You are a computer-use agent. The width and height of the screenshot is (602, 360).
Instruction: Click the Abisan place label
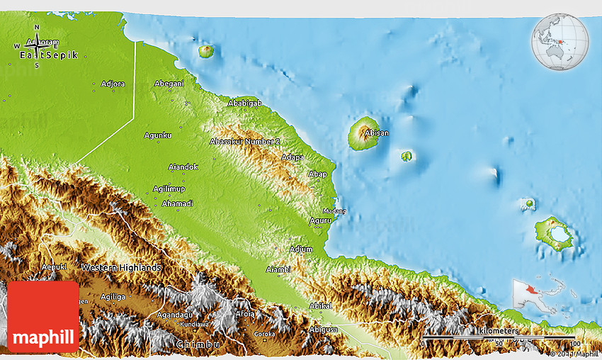click(x=376, y=133)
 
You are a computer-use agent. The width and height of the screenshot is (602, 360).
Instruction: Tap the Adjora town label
click(x=113, y=84)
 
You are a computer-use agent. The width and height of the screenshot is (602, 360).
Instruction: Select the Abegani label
click(x=169, y=83)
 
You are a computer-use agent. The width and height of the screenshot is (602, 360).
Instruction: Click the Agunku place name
click(x=158, y=135)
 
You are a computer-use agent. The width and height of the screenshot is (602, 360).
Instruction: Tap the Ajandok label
click(x=183, y=167)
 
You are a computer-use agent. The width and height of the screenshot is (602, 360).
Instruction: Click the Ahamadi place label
click(x=177, y=203)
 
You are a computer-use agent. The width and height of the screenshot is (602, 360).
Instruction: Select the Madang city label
click(x=334, y=210)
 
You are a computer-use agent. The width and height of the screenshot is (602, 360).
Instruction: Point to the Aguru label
click(x=320, y=220)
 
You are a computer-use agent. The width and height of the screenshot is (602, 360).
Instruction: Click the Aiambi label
click(x=278, y=269)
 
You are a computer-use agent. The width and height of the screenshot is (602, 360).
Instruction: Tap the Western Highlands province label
click(x=121, y=267)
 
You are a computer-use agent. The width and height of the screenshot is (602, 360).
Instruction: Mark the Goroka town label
click(x=265, y=333)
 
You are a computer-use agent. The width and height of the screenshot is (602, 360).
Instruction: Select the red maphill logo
click(x=43, y=316)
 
